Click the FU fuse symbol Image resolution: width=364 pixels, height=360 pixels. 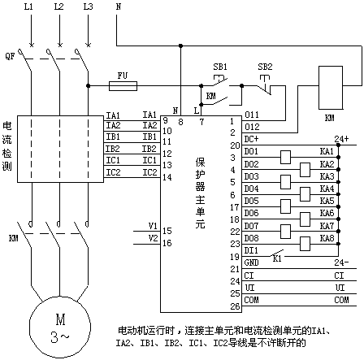pyautogui.click(x=123, y=86)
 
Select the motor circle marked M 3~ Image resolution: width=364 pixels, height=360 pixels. pyautogui.click(x=60, y=327)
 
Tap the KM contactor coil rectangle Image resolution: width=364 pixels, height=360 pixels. pyautogui.click(x=331, y=88)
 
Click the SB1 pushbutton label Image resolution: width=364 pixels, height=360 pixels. pyautogui.click(x=220, y=67)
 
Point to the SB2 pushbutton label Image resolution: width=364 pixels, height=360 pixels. pyautogui.click(x=265, y=67)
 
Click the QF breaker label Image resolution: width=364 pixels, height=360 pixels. pyautogui.click(x=10, y=57)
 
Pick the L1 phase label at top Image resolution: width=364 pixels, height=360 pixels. pyautogui.click(x=28, y=7)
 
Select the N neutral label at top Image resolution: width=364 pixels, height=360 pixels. pyautogui.click(x=119, y=7)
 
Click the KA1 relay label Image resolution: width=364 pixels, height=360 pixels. pyautogui.click(x=327, y=151)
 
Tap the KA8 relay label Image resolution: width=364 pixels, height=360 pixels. pyautogui.click(x=327, y=238)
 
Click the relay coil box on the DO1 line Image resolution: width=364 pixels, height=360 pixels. pyautogui.click(x=285, y=157)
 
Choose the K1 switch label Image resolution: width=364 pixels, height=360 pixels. pyautogui.click(x=277, y=259)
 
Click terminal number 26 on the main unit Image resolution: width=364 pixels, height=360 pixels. pyautogui.click(x=235, y=306)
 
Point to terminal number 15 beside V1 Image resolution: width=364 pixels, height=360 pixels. pyautogui.click(x=167, y=231)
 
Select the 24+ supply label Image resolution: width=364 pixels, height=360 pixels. pyautogui.click(x=341, y=139)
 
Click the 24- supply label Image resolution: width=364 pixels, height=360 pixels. pyautogui.click(x=341, y=262)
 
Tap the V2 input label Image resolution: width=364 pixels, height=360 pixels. pyautogui.click(x=153, y=238)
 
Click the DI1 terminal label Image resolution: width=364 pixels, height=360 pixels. pyautogui.click(x=251, y=250)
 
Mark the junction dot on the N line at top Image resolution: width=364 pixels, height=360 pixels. pyautogui.click(x=181, y=46)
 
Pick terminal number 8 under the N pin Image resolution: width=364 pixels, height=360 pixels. pyautogui.click(x=180, y=122)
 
